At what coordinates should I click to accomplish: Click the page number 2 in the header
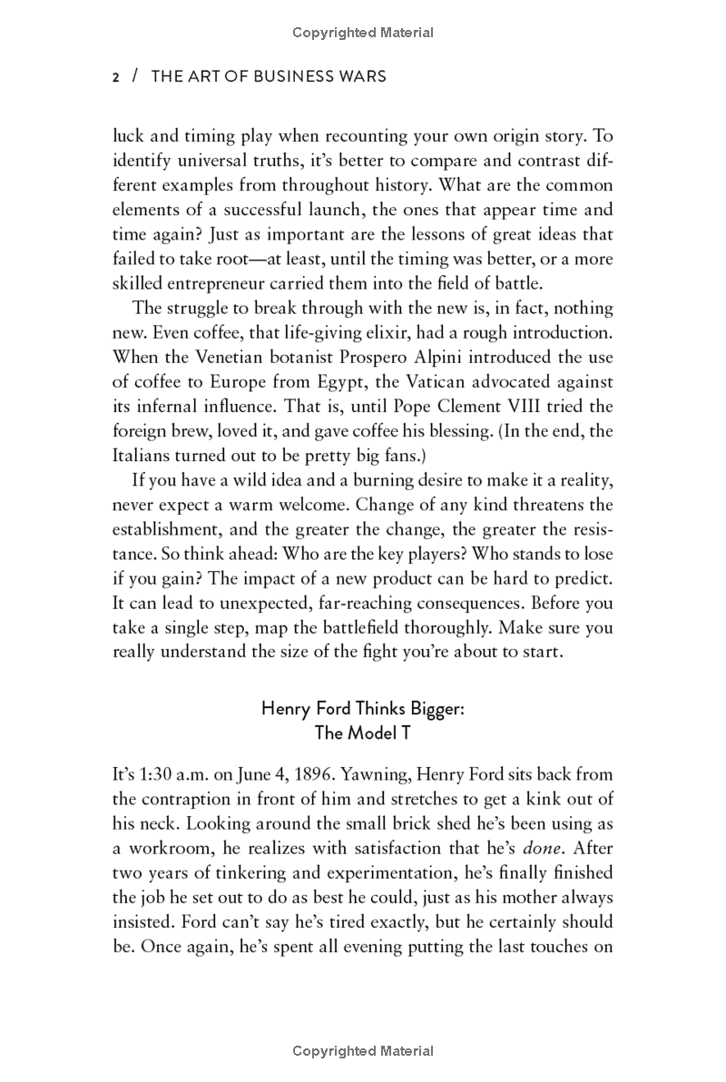click(x=115, y=77)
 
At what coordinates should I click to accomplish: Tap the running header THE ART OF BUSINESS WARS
click(x=268, y=77)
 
